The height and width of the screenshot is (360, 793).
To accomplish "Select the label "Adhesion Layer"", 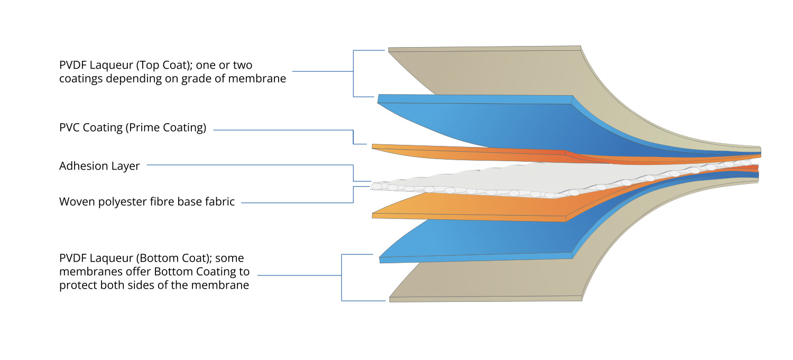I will (99, 166).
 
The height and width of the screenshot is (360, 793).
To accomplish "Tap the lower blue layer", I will (476, 238).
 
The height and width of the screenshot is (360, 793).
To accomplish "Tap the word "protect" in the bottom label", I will (76, 286).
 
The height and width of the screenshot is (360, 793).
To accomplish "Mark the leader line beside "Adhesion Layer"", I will (248, 165).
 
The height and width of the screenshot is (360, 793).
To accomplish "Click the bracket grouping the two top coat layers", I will (353, 73).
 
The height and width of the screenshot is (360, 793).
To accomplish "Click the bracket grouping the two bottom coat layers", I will (342, 278).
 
